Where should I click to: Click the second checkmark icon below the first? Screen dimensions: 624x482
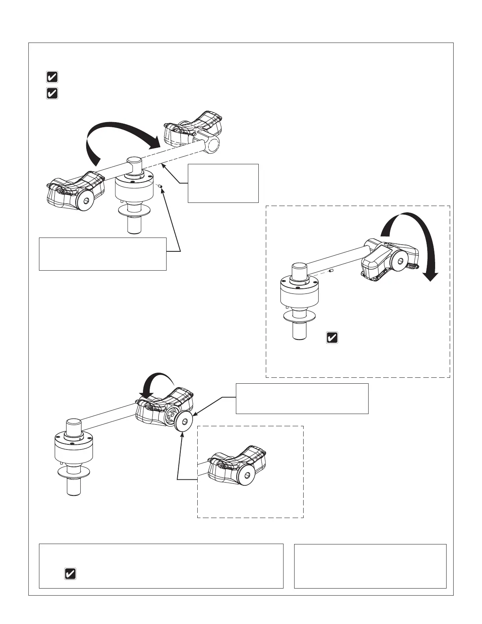click(52, 93)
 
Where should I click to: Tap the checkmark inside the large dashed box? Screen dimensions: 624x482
click(332, 338)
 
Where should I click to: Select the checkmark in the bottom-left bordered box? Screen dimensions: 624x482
click(70, 574)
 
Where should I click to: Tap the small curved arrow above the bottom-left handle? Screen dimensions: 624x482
click(158, 384)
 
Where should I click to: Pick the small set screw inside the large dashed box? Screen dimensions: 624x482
click(332, 270)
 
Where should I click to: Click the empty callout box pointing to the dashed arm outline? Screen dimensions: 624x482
click(223, 183)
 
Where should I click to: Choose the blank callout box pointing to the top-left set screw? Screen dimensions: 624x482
click(102, 254)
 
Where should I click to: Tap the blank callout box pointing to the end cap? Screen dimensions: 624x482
click(302, 398)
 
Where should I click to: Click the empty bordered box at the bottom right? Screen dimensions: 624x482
click(370, 566)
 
